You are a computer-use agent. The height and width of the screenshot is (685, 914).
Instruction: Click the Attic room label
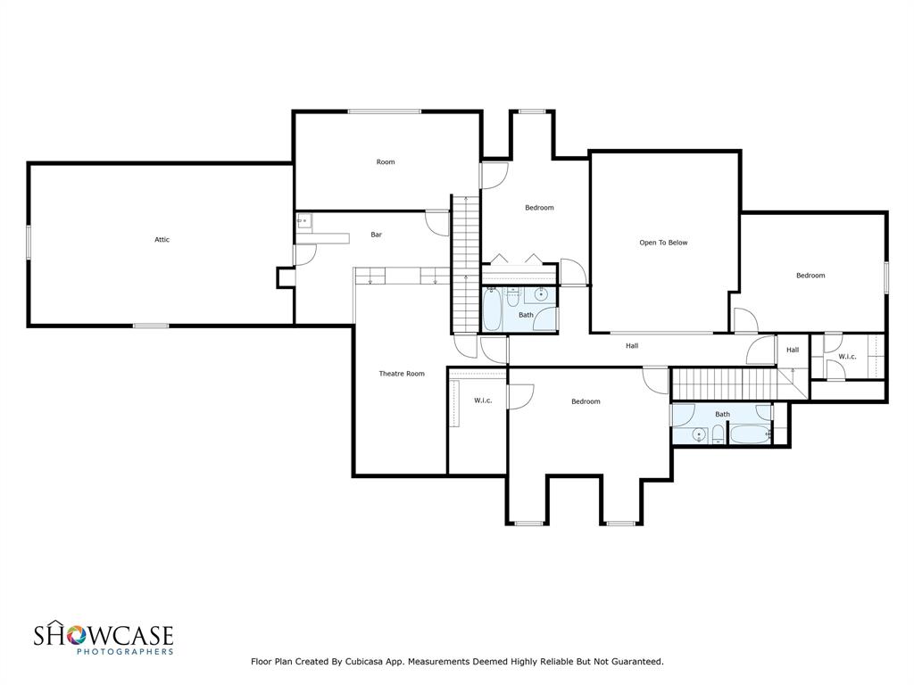162,239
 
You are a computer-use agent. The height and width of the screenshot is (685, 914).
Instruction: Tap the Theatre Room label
402,374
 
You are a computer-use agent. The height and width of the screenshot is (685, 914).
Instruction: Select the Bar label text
377,235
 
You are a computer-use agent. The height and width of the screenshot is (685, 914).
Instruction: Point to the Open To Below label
663,243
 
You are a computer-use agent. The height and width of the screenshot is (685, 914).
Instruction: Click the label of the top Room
386,161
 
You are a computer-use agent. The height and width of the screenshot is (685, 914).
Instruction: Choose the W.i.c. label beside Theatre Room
483,400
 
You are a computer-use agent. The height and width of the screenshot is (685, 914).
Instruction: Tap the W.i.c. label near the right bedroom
847,357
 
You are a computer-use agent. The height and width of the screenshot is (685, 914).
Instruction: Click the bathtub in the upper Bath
493,309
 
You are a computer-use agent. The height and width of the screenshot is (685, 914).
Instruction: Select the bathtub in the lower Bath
749,434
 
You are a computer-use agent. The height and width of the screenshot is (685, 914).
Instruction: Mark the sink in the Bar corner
303,220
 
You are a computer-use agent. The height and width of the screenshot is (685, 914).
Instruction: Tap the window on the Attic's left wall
29,242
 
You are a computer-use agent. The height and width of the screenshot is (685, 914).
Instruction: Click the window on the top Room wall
384,111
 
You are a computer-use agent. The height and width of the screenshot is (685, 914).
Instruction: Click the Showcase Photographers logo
104,639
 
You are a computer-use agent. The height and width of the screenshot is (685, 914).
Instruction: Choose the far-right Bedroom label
810,276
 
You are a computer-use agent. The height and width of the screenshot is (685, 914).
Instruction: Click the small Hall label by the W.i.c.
793,350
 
